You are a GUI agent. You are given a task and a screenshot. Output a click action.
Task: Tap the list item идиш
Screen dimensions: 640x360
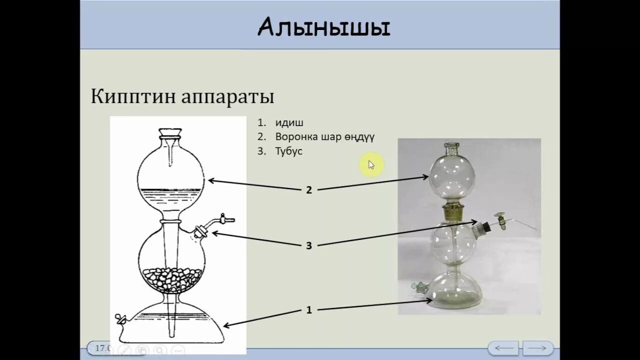(x=289, y=122)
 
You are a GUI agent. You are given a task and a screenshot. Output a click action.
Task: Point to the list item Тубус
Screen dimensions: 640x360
(x=288, y=151)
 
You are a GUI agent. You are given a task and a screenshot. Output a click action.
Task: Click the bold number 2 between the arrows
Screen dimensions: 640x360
(x=309, y=190)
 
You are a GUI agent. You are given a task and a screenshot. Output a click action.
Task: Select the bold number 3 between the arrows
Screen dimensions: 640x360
(x=309, y=245)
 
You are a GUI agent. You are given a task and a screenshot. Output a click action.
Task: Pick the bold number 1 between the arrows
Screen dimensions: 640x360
(x=309, y=310)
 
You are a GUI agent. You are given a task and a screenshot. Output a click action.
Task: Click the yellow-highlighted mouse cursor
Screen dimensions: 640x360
(x=371, y=164)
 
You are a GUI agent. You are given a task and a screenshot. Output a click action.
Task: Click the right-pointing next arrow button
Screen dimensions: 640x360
(x=537, y=347)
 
